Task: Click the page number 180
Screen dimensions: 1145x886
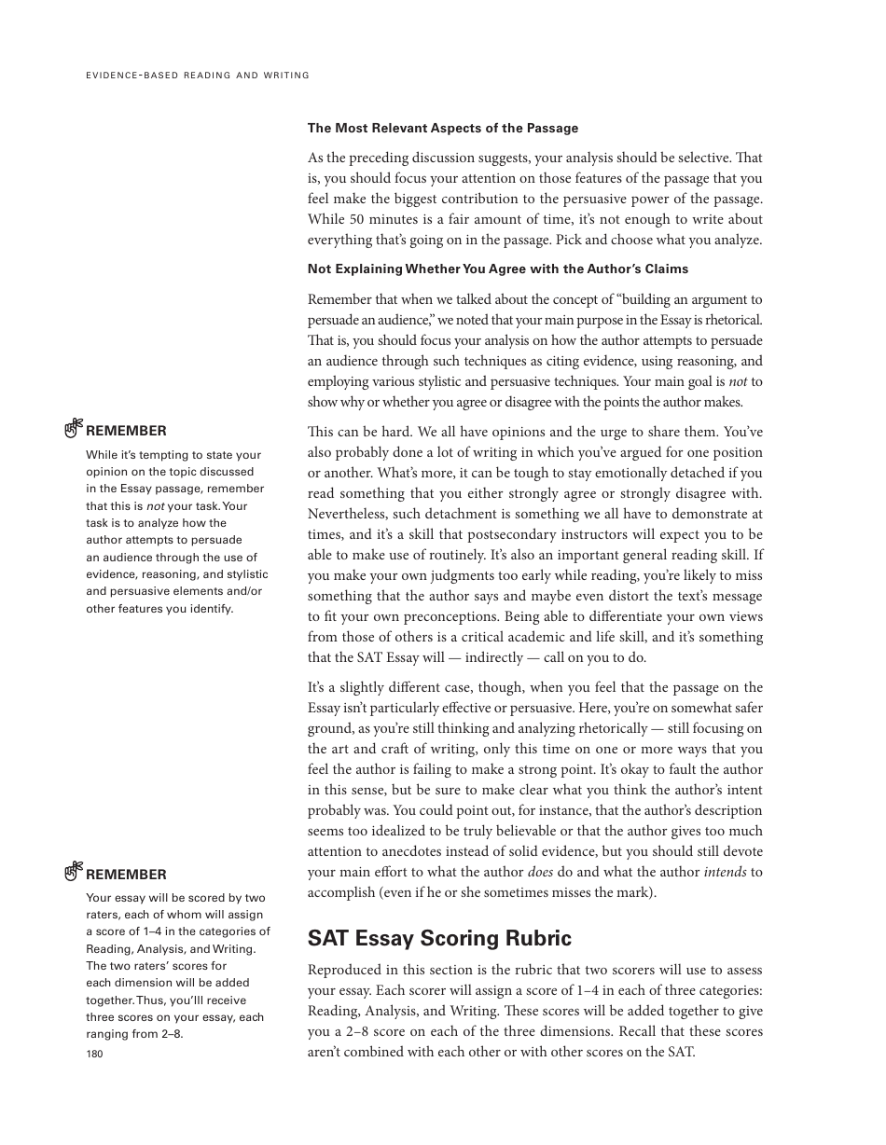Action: tap(94, 1054)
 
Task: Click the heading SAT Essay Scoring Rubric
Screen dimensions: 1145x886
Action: tap(439, 938)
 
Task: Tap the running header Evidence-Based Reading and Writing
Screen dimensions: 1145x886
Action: tap(197, 76)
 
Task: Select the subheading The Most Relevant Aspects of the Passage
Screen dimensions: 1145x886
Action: tap(443, 128)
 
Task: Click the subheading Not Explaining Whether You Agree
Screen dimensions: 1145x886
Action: tap(498, 269)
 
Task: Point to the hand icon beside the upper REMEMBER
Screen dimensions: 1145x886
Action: tap(74, 429)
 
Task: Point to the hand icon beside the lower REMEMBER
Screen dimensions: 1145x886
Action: tap(74, 873)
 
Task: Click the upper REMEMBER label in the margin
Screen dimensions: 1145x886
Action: tap(126, 431)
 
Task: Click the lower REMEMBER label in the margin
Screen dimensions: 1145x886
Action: tap(126, 875)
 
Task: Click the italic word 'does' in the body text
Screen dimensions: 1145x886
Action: tap(540, 872)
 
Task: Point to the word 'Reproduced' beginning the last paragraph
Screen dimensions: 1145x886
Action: tap(344, 970)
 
